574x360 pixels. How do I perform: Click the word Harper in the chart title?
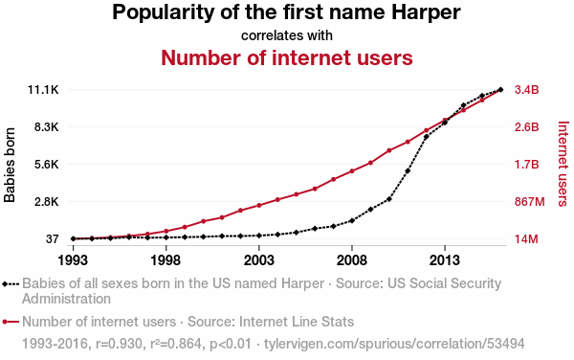[426, 13]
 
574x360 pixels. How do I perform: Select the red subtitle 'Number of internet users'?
[287, 57]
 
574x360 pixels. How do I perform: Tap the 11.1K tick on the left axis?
[43, 90]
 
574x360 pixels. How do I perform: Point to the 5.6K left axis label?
[47, 165]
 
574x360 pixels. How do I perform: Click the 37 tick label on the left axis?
[53, 239]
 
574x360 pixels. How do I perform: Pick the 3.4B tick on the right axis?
[527, 90]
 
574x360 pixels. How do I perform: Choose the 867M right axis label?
[530, 202]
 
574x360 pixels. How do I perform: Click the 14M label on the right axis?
[526, 239]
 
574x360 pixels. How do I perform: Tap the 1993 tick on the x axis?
[73, 260]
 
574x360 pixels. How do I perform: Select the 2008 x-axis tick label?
[352, 260]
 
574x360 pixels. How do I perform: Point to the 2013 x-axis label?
[445, 260]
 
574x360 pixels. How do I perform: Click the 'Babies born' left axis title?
[10, 165]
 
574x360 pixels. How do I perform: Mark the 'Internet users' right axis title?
[563, 164]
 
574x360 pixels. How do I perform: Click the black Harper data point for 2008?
[352, 220]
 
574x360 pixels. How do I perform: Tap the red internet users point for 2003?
[259, 206]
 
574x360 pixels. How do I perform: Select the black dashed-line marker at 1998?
[166, 237]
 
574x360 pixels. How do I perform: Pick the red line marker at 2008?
[352, 171]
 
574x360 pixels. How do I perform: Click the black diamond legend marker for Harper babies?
[5, 283]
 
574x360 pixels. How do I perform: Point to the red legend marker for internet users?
[5, 322]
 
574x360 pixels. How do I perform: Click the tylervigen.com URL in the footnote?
[394, 344]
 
